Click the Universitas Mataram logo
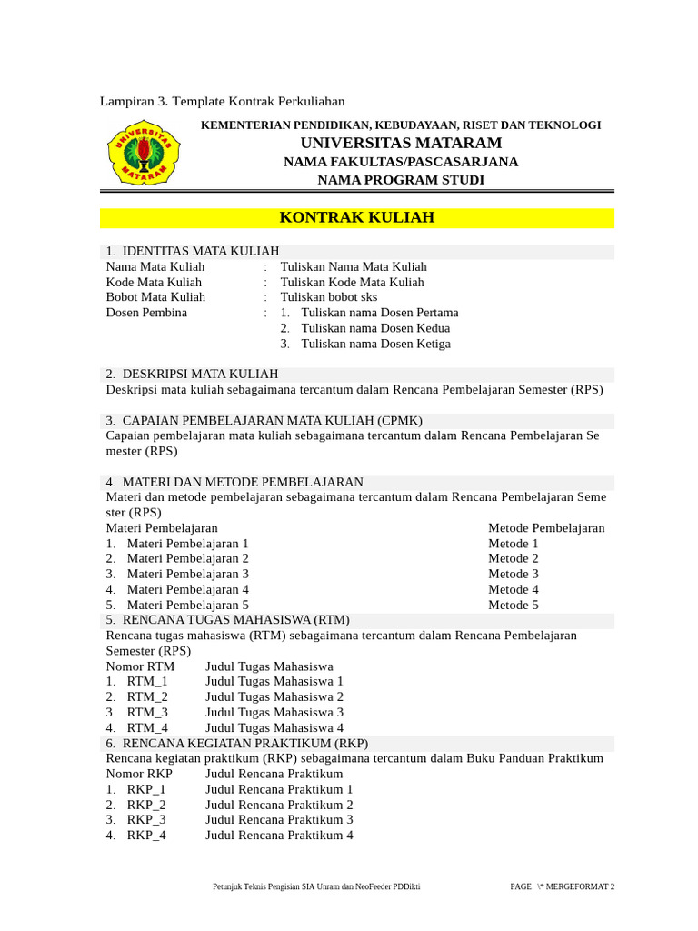click(144, 153)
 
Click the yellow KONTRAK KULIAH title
click(356, 218)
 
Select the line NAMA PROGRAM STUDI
click(400, 180)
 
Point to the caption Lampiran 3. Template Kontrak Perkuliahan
click(222, 101)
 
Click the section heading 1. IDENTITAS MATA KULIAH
click(192, 251)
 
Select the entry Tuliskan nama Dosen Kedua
click(375, 328)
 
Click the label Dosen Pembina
click(146, 313)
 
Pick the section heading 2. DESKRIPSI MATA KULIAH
click(192, 374)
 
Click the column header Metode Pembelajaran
click(546, 528)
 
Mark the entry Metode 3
click(514, 574)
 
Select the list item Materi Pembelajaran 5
click(187, 605)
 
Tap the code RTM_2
click(147, 696)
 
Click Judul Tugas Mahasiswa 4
click(274, 727)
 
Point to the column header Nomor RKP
click(139, 774)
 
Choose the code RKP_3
click(146, 820)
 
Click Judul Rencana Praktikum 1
click(279, 789)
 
